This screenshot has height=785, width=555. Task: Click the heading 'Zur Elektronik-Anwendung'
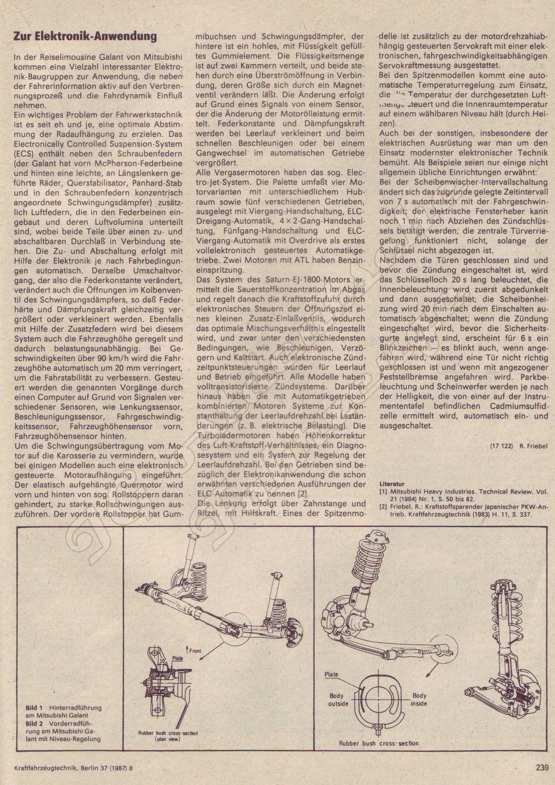pyautogui.click(x=84, y=36)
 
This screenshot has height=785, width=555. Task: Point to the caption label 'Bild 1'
pyautogui.click(x=34, y=708)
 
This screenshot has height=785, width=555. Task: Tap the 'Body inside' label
pyautogui.click(x=420, y=700)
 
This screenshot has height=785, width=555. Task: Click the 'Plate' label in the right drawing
pyautogui.click(x=332, y=675)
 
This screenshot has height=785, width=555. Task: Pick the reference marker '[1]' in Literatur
pyautogui.click(x=383, y=491)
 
